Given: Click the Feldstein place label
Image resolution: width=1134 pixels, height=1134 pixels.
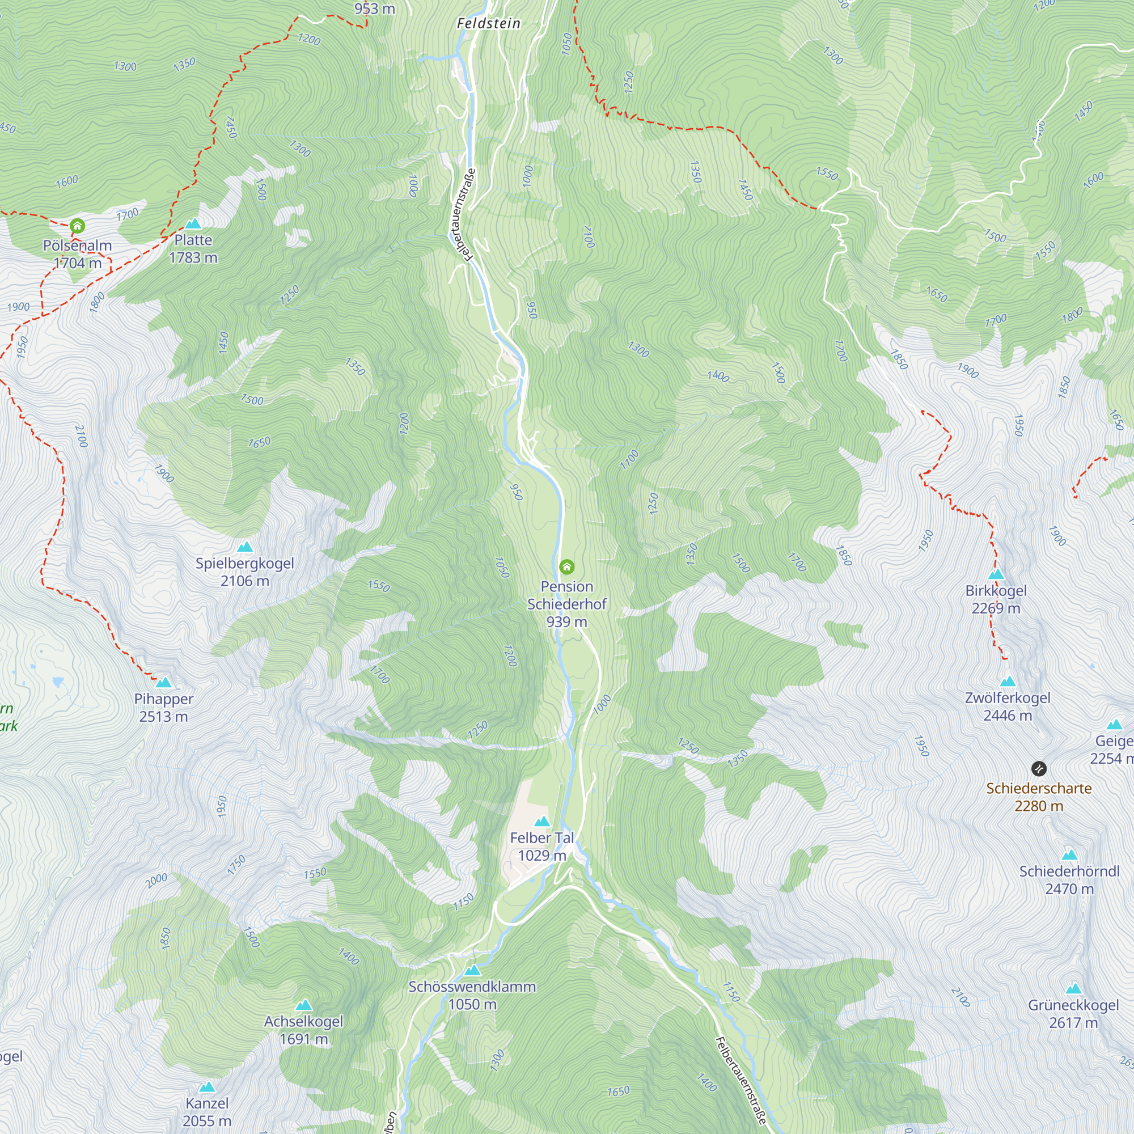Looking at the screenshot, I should click(x=488, y=23).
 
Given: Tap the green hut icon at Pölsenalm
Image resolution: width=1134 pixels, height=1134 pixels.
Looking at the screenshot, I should click(x=77, y=226).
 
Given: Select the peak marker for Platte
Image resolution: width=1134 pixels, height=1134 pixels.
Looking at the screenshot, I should click(x=193, y=223).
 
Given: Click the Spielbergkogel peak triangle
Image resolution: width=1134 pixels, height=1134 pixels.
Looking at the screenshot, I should click(x=245, y=548).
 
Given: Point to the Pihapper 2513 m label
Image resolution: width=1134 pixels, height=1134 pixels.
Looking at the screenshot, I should click(x=163, y=707).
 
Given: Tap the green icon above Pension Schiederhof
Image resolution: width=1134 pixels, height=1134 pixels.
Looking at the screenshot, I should click(x=566, y=567).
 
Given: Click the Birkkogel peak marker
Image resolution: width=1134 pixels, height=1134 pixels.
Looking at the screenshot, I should click(x=996, y=574).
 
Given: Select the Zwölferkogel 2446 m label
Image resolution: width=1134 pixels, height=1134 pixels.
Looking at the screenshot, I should click(x=1007, y=706).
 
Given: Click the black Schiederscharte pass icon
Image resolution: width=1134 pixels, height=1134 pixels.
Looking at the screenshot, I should click(x=1038, y=768).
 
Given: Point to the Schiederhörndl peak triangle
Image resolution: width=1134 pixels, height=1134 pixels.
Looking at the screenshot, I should click(x=1069, y=855).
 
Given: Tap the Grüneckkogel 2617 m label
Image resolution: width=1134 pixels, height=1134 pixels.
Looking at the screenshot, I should click(x=1073, y=1014).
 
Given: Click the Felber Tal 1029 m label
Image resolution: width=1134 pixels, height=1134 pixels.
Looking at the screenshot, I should click(x=541, y=847).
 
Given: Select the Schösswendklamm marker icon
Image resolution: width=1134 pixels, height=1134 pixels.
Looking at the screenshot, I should click(x=472, y=970).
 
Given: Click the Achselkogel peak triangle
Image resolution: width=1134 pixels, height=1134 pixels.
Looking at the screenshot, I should click(x=303, y=1005).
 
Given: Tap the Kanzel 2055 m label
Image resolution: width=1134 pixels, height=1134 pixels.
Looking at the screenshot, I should click(x=206, y=1112).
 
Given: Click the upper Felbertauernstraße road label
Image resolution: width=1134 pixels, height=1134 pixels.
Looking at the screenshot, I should click(x=462, y=215).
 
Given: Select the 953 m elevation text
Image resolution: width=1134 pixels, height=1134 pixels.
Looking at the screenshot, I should click(x=374, y=9).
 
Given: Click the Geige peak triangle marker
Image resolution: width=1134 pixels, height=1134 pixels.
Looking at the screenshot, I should click(x=1114, y=725).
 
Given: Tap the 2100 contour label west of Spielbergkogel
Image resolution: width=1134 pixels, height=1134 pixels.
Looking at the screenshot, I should click(x=81, y=435).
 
